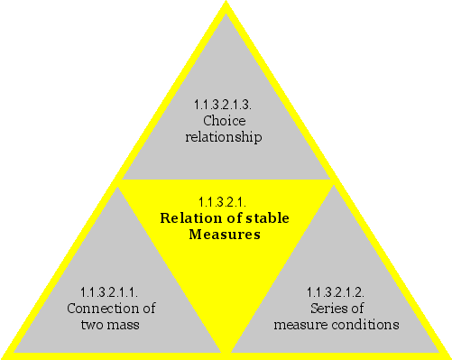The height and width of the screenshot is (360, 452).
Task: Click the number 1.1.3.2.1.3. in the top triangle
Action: tap(224, 104)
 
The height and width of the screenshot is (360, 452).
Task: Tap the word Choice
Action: tap(224, 120)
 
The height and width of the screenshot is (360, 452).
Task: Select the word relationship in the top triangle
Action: tap(224, 137)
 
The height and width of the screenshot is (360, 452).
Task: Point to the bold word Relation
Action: tap(189, 217)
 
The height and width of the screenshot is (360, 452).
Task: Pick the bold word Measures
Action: tap(224, 235)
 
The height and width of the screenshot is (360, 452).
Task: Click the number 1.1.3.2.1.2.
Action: tap(336, 291)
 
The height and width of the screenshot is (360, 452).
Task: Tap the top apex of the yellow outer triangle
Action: tap(225, 5)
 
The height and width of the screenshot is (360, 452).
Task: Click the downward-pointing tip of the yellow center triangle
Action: tap(226, 350)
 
